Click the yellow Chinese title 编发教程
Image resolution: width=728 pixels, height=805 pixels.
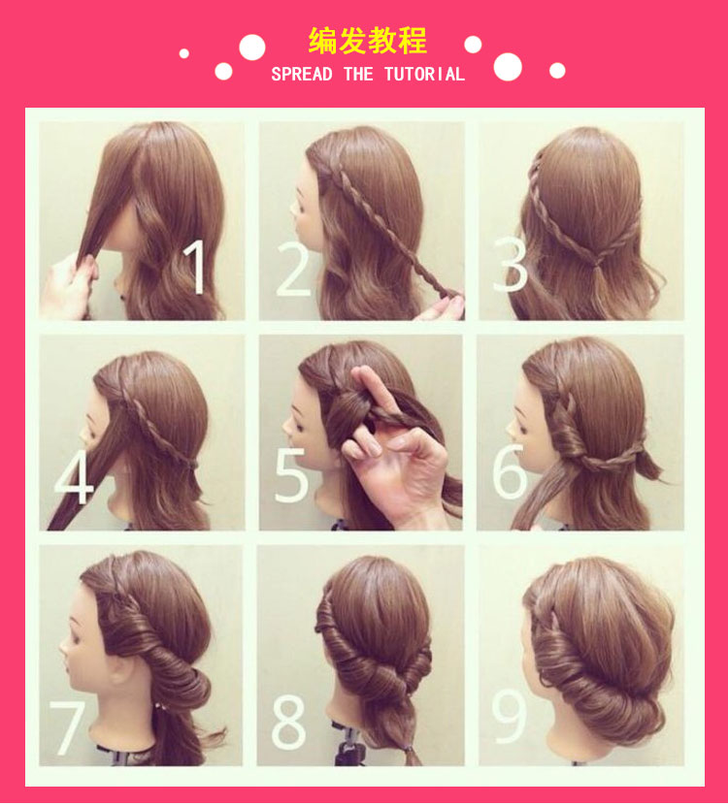[x=367, y=41]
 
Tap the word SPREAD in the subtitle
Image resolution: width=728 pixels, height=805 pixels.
[x=302, y=75]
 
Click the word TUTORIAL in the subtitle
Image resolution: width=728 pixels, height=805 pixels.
[x=424, y=75]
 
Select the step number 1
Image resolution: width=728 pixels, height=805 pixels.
[x=195, y=267]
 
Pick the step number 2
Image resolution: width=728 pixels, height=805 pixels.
[x=293, y=269]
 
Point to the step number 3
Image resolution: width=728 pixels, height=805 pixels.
[x=511, y=265]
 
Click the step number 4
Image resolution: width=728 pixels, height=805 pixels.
[x=74, y=476]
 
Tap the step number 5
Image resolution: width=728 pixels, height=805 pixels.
[x=292, y=475]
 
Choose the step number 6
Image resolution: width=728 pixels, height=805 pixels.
[x=510, y=471]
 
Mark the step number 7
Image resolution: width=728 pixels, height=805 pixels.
[x=67, y=728]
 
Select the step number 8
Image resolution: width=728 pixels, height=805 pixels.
[x=288, y=723]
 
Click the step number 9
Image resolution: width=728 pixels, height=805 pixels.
[x=509, y=716]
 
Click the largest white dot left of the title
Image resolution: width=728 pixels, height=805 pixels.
[x=252, y=48]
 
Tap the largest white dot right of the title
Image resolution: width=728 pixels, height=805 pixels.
[x=508, y=67]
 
